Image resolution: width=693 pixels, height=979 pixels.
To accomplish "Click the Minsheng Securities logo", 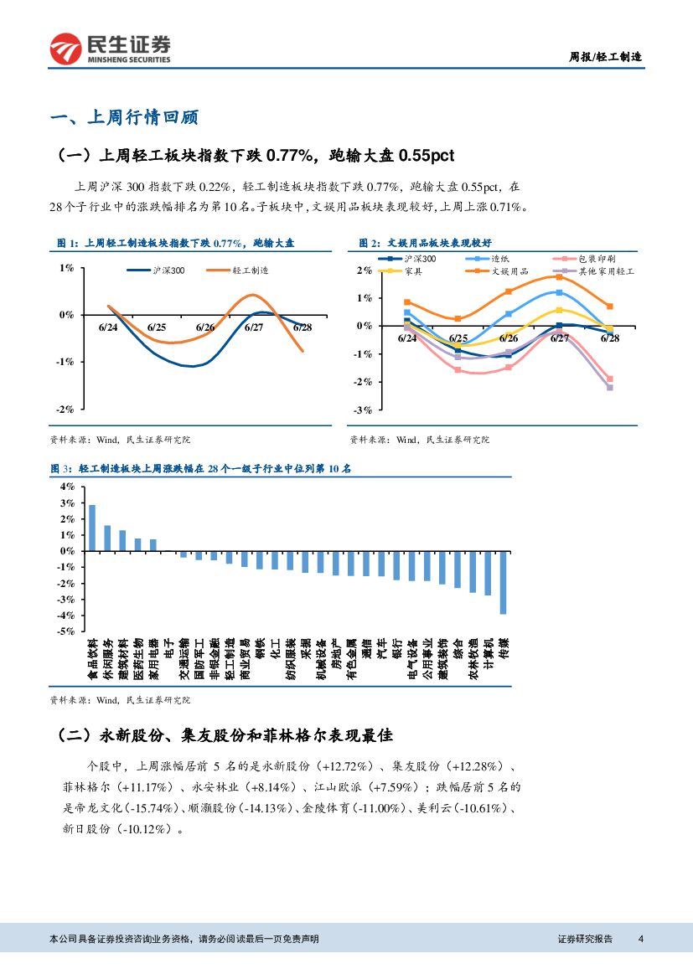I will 110,49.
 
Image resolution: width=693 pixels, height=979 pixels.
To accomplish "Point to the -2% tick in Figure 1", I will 65,409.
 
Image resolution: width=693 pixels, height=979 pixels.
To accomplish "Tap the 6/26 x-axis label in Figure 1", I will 205,327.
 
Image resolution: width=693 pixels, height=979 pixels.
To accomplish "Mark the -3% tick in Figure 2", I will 364,410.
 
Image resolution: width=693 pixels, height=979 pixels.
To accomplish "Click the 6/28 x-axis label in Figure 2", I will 609,338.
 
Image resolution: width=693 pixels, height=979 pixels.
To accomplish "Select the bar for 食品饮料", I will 92,528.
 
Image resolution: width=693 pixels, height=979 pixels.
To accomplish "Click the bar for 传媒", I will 503,582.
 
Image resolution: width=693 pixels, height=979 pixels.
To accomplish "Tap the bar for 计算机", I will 488,573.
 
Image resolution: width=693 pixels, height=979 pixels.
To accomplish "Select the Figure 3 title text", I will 201,469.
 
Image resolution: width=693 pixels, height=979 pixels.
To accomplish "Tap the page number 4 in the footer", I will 640,939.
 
